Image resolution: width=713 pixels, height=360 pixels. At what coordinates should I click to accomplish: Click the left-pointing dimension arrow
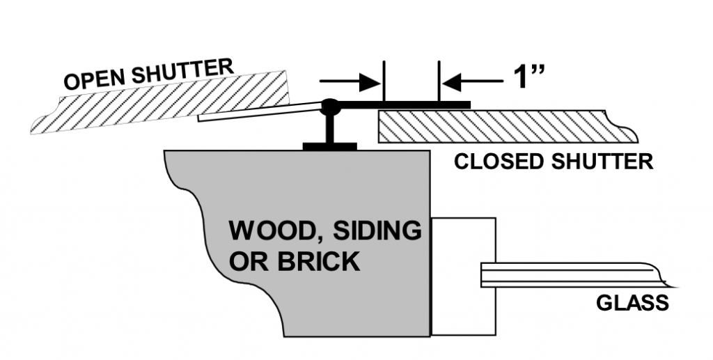(x=473, y=82)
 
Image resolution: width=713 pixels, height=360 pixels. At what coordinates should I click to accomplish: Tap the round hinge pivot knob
(x=329, y=107)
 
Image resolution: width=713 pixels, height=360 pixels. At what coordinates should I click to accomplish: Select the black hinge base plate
(x=329, y=146)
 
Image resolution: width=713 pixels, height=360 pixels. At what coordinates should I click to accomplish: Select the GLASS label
(x=632, y=303)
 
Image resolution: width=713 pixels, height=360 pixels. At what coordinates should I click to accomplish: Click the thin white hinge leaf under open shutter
(x=258, y=112)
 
